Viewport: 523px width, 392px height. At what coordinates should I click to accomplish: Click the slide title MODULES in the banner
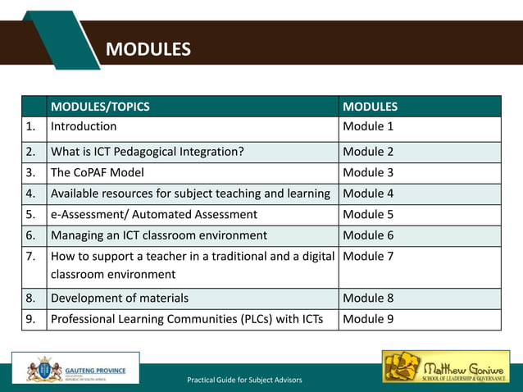[x=148, y=50]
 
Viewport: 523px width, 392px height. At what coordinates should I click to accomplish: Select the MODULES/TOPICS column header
[x=100, y=107]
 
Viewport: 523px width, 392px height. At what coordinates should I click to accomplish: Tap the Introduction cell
[x=84, y=126]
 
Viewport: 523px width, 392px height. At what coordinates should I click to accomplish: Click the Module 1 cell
[x=368, y=126]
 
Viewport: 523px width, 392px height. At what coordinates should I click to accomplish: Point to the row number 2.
[x=30, y=151]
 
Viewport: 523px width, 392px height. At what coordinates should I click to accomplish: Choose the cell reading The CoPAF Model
[x=97, y=172]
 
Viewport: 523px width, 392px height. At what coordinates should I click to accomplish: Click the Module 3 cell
[x=368, y=172]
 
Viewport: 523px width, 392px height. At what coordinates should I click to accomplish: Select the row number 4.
[x=30, y=194]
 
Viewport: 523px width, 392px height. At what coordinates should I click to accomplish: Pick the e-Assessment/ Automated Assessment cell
[x=154, y=215]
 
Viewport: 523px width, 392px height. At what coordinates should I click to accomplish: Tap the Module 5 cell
[x=368, y=215]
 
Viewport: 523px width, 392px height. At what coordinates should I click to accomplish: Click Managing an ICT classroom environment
[x=159, y=235]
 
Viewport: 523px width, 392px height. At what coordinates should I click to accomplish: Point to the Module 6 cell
[x=368, y=235]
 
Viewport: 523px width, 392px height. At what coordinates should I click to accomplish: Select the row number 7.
[x=30, y=257]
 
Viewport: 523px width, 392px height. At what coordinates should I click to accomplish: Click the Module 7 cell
[x=368, y=257]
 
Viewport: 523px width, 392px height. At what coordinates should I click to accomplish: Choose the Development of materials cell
[x=120, y=298]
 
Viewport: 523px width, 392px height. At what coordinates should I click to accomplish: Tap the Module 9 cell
[x=368, y=319]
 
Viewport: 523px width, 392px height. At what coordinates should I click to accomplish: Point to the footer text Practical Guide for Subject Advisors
[x=244, y=380]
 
